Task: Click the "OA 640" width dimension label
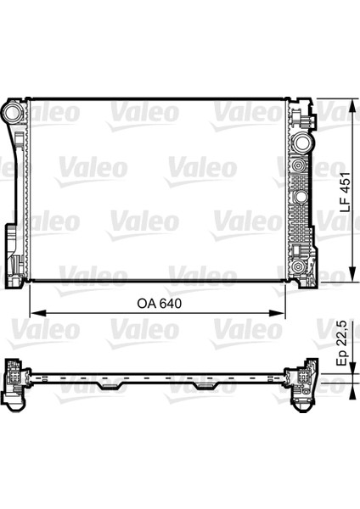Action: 160,304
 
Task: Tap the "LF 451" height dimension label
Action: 345,193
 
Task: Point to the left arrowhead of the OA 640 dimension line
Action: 38,313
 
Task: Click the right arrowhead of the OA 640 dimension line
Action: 277,313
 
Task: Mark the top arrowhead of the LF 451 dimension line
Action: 352,106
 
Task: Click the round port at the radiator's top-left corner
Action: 14,111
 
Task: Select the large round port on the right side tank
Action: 302,143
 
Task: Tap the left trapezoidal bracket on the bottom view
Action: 111,386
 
